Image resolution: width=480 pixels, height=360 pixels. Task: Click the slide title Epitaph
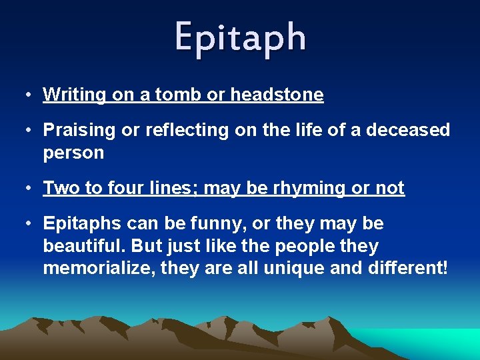[x=241, y=37]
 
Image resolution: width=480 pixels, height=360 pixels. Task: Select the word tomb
[x=178, y=95]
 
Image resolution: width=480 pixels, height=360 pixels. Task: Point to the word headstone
[x=277, y=95]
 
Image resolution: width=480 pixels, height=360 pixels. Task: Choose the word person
[x=73, y=153]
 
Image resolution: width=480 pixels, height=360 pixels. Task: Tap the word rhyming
[x=301, y=189]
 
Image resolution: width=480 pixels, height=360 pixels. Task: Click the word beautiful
[x=85, y=246]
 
